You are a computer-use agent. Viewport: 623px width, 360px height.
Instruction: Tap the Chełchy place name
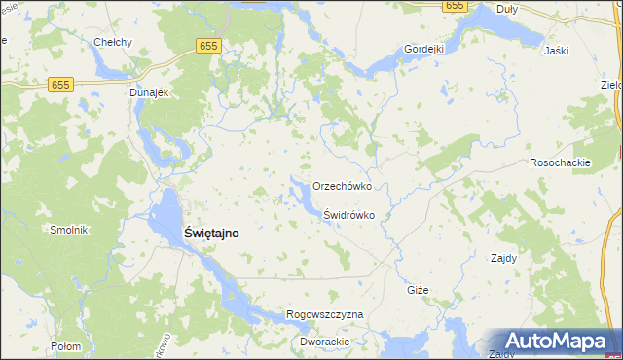pos(112,42)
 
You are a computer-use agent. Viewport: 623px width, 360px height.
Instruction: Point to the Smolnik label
pos(69,230)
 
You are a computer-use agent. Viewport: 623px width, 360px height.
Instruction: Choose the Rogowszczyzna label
pos(325,315)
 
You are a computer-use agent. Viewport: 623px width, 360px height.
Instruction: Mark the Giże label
pos(418,291)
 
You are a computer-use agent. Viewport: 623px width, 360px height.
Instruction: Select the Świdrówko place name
pos(349,215)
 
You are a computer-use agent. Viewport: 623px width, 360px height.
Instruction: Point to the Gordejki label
pos(424,49)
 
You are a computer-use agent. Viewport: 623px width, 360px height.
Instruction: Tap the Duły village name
pos(507,9)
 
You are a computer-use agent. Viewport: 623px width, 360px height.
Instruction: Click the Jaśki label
pos(557,51)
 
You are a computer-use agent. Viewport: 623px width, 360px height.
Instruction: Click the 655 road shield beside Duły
pos(454,6)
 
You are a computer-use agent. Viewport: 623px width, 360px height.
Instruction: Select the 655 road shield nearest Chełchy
pos(207,46)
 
